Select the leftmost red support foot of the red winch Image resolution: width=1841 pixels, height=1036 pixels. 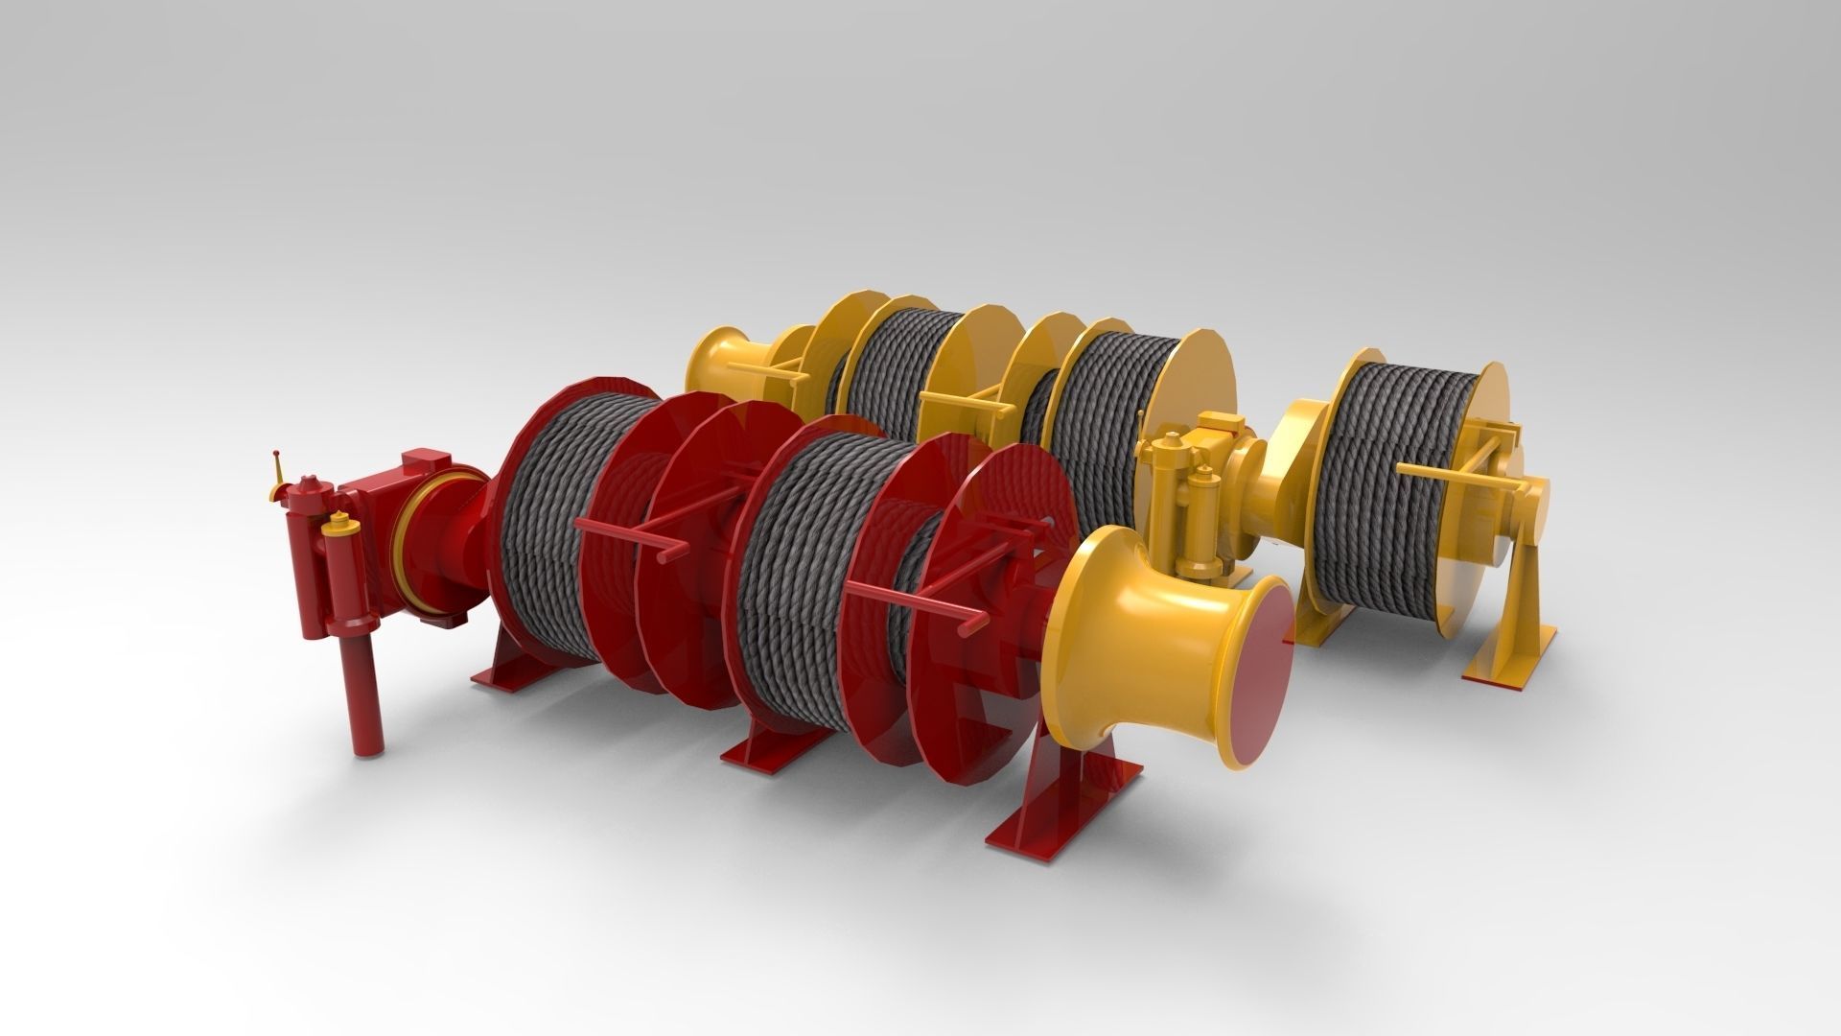[x=508, y=672]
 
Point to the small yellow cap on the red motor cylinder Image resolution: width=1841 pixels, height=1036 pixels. [x=337, y=523]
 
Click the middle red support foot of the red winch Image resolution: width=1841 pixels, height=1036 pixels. [x=767, y=758]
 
